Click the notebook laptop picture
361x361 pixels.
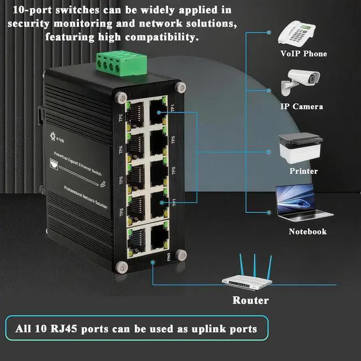(x=300, y=202)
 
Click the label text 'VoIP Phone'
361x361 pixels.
(x=303, y=54)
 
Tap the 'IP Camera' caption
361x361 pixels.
(x=302, y=107)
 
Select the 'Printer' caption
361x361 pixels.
(x=303, y=171)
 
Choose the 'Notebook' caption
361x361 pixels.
(x=307, y=232)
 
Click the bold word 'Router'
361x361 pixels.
(x=250, y=300)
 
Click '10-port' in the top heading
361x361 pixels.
(x=33, y=10)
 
